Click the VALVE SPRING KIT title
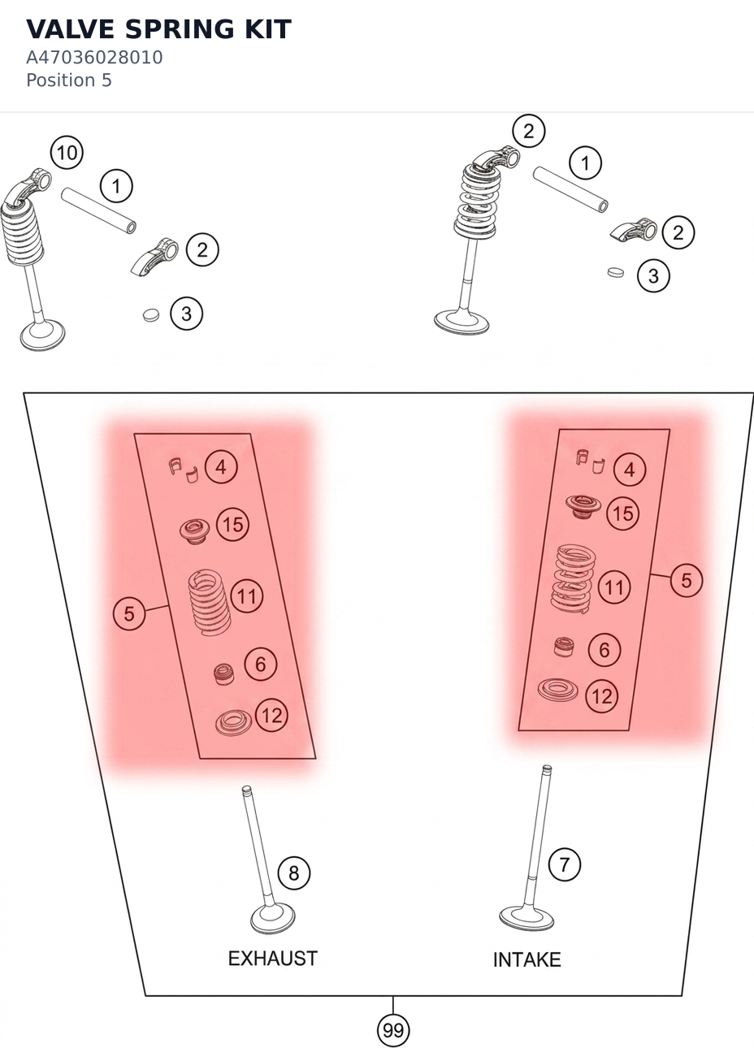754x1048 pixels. coord(158,29)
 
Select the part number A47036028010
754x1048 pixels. coord(94,58)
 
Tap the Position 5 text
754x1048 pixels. coord(69,80)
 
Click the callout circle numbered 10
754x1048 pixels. coord(67,153)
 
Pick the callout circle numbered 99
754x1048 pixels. coord(393,1030)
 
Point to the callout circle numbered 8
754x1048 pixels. coord(294,872)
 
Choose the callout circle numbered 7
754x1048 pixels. coord(564,864)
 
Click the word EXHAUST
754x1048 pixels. coord(273,958)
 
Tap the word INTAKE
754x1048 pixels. coord(527,959)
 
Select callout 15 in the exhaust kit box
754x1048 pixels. coord(232,525)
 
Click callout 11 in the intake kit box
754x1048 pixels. coord(614,587)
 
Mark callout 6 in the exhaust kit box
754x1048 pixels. coord(261,664)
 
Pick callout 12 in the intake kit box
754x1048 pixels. coord(602,696)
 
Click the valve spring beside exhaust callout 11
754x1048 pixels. coord(209,602)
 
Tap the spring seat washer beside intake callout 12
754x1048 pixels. coord(557,690)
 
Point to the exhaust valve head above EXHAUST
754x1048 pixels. coord(273,918)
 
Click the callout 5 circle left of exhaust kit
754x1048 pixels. coord(129,613)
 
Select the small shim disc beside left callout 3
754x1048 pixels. coord(150,315)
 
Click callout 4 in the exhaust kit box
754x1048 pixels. coord(221,467)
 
